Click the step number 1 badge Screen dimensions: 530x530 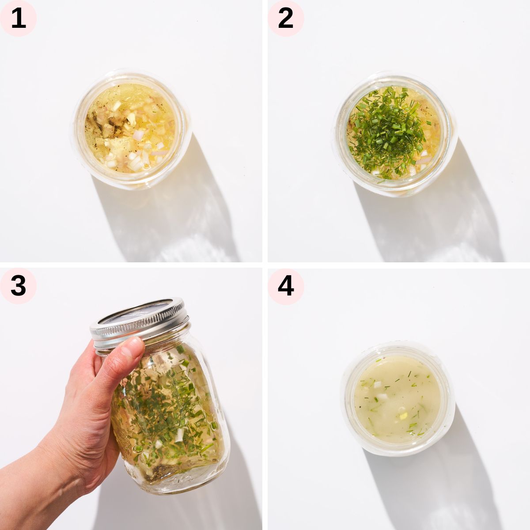(x=18, y=18)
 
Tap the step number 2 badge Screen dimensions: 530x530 (x=286, y=18)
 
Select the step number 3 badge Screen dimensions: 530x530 (x=18, y=286)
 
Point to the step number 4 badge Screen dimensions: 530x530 (x=286, y=286)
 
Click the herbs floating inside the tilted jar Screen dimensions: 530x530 (x=163, y=397)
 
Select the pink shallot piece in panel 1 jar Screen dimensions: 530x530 (x=138, y=135)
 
